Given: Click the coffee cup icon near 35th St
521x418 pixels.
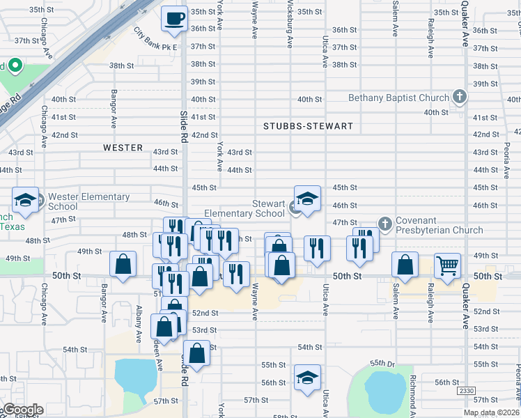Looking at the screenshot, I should (174, 18).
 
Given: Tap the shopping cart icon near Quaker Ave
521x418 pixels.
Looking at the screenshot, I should (447, 265).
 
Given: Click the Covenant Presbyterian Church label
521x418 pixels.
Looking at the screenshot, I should (439, 226).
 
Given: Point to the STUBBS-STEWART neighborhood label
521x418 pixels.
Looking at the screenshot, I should (308, 126).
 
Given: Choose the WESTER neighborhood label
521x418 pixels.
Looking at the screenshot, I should (123, 148).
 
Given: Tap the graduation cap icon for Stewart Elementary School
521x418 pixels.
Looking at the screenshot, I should (307, 199).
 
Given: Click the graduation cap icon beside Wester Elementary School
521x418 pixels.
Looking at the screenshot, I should (25, 201).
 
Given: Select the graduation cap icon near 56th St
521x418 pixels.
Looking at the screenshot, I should (307, 378).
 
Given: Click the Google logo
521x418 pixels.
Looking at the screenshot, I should (22, 410).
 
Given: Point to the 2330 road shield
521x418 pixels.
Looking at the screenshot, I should (467, 392).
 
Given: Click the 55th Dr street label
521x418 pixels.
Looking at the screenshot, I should (382, 364).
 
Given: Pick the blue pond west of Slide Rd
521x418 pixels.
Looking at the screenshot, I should (136, 376).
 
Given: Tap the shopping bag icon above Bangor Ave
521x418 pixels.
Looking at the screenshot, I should (123, 265).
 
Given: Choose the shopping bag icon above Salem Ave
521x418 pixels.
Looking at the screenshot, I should (405, 265).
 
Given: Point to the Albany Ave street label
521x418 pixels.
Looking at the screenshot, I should (139, 325).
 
